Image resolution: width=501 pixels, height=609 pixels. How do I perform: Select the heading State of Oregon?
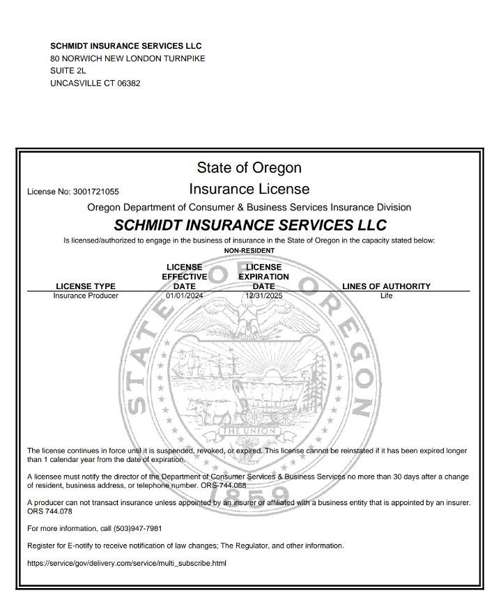click(x=249, y=168)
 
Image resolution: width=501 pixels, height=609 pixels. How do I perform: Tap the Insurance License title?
click(x=249, y=189)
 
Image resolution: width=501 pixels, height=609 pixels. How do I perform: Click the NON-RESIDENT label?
click(x=249, y=251)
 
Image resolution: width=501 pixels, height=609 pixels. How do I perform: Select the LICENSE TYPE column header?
click(x=86, y=286)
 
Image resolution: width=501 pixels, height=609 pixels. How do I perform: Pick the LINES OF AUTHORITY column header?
click(x=386, y=286)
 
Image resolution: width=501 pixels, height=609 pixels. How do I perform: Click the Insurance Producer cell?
click(x=86, y=295)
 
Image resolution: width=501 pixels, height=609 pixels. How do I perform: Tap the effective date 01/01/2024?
click(x=184, y=295)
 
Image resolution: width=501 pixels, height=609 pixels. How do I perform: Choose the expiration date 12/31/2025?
click(x=263, y=295)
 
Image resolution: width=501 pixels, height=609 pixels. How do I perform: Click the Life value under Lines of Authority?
click(x=386, y=295)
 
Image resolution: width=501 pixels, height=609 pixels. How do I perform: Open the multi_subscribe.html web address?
click(x=126, y=563)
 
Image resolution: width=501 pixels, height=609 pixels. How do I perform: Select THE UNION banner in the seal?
click(x=249, y=431)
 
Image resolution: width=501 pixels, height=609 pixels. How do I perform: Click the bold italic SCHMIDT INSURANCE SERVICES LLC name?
click(x=249, y=226)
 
